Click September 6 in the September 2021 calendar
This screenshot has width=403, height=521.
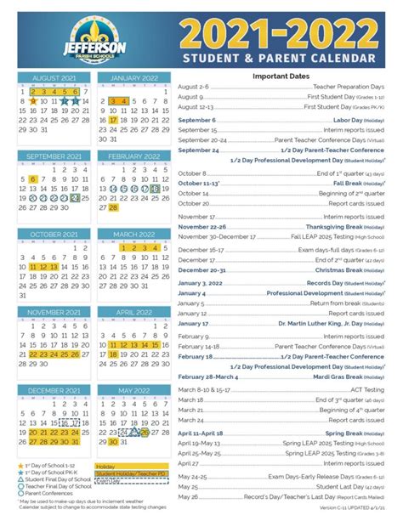point(33,179)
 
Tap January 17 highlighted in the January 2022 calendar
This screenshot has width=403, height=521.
point(113,120)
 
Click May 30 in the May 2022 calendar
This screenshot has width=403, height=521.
point(113,442)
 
